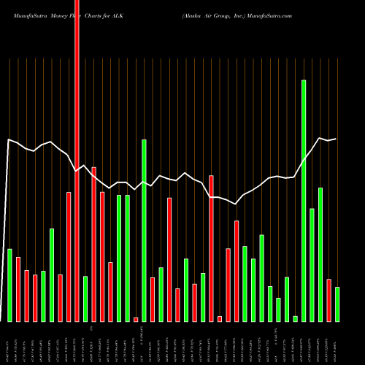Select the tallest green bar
(x=304, y=201)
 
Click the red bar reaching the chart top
(x=77, y=161)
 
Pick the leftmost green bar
(x=9, y=285)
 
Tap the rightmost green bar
(x=337, y=304)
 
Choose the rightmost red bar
(x=328, y=300)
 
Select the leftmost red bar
(x=18, y=289)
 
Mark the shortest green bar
(x=295, y=318)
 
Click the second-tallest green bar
(x=144, y=230)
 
